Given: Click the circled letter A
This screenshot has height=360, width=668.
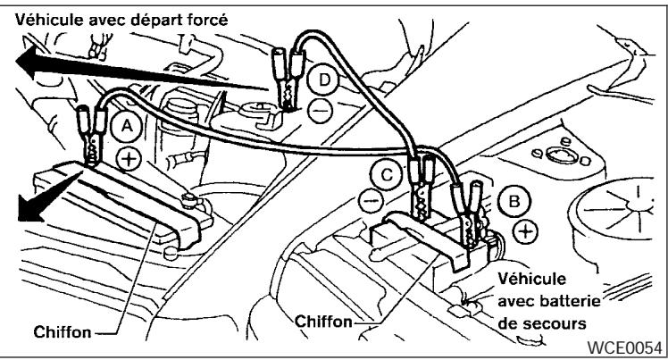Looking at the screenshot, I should coord(128,129).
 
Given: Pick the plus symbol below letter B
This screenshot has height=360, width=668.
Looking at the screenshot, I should coord(527,232).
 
